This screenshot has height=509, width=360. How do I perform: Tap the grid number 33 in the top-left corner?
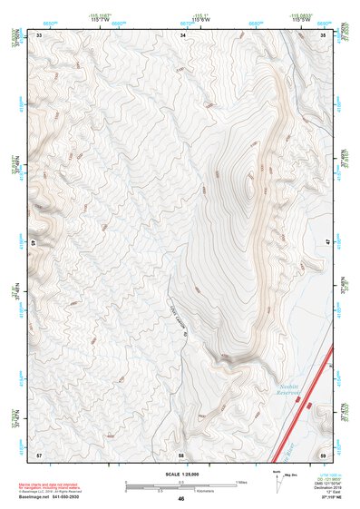point(39,34)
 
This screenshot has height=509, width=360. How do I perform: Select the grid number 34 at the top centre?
point(182,34)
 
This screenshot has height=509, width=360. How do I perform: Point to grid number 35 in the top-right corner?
point(324,34)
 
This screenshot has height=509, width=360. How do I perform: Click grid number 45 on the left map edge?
point(34,243)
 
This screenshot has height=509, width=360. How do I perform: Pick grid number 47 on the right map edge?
point(327,243)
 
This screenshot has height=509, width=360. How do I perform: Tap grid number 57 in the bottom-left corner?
point(39,453)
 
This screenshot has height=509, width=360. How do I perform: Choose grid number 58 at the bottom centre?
point(182,453)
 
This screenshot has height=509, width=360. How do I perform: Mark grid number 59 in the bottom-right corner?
point(324,453)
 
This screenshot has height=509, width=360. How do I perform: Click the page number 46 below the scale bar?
point(181,499)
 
